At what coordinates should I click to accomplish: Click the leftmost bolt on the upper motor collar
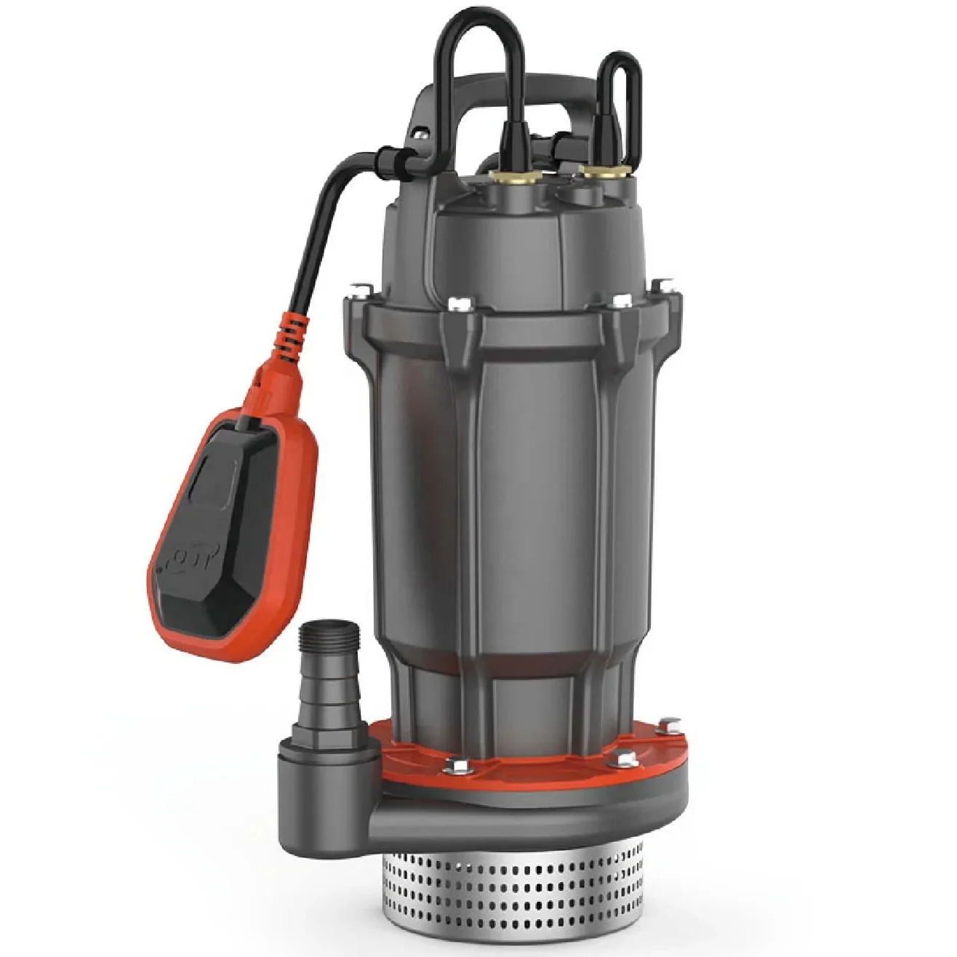357,292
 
